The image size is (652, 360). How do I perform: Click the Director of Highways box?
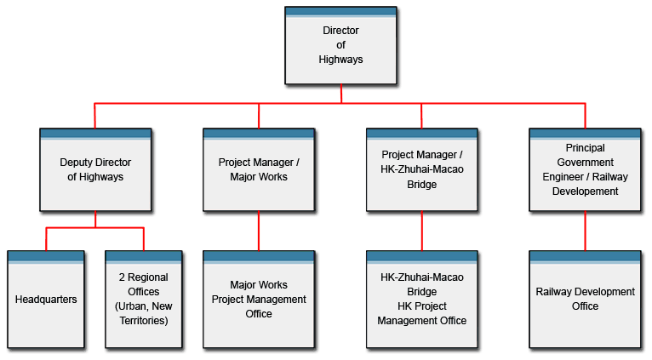340,47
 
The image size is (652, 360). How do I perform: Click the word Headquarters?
46,300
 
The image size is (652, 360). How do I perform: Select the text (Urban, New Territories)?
144,313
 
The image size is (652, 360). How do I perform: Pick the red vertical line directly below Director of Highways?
341,94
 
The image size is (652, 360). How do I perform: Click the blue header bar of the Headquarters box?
46,255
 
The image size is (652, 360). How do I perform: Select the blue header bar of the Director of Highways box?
340,12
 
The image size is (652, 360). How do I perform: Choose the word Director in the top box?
340,31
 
